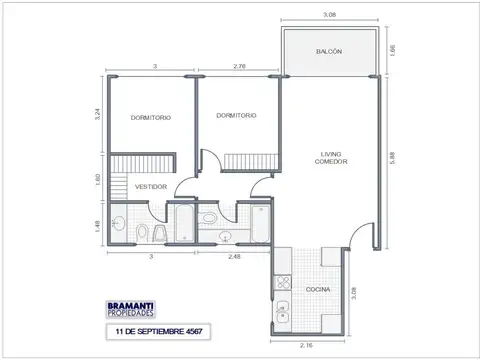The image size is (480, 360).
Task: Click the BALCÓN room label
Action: (329, 51)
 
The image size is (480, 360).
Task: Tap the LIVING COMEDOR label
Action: (330, 158)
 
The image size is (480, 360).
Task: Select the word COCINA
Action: (305, 291)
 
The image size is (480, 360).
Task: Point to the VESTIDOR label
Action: (151, 187)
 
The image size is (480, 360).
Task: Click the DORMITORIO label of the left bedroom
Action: (150, 118)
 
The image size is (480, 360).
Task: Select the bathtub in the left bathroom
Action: (184, 224)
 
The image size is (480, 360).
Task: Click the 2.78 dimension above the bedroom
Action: (238, 66)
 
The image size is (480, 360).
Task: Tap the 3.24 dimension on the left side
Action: (97, 114)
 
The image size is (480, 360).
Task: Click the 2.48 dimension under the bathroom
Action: (234, 256)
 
